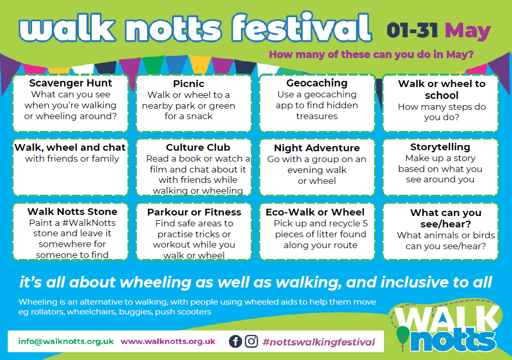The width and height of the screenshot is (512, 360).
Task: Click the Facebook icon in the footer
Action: pos(235,341)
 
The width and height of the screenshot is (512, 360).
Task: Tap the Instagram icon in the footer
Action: pos(251,341)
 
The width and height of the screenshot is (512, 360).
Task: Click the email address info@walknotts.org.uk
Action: pos(66,341)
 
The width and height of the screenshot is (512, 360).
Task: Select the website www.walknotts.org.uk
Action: pos(168,341)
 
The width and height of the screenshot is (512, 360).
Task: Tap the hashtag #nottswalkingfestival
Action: pos(319,342)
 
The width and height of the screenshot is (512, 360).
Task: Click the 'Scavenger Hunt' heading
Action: pos(70,83)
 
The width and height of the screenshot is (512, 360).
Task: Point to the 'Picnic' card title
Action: pos(189,83)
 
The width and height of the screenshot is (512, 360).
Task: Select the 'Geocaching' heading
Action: pos(317,83)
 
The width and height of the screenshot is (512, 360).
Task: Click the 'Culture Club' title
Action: pos(198,148)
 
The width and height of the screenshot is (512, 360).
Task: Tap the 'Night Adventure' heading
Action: pos(317,148)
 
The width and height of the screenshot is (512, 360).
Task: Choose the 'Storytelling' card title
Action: pos(440,147)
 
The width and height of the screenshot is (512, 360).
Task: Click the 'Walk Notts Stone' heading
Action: pos(72,211)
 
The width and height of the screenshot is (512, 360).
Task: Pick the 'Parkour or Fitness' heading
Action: pos(194,212)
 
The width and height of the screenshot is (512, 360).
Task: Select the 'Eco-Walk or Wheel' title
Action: pos(315,212)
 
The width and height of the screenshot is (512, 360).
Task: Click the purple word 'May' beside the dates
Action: pos(468,31)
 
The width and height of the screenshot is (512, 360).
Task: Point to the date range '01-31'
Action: pos(413,31)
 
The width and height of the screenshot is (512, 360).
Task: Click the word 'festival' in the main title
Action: pos(301,27)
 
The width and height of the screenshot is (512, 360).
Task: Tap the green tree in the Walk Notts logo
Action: pos(403,336)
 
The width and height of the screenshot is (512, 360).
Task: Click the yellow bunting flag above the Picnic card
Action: pos(200,64)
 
